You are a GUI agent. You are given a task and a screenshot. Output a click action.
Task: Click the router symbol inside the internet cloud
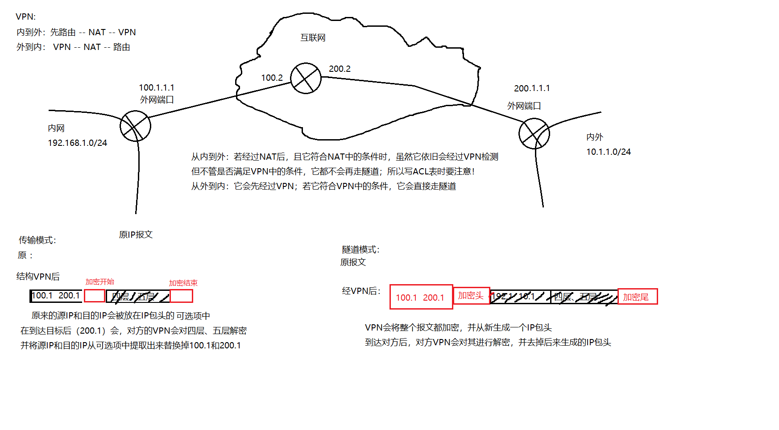306,78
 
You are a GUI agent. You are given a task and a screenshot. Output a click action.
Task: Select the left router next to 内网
135,126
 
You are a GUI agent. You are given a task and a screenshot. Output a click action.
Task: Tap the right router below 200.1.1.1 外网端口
534,133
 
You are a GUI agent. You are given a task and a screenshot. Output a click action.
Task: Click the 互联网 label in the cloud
313,38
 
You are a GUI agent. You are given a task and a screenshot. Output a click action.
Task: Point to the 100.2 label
272,78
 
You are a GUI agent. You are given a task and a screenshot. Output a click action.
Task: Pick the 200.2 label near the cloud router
340,69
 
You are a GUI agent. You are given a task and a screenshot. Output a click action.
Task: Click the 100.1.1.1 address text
156,87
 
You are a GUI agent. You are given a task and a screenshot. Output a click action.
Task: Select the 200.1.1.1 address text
532,88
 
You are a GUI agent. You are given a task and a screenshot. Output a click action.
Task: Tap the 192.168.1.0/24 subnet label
77,143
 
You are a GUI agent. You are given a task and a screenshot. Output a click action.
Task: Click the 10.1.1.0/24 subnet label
608,152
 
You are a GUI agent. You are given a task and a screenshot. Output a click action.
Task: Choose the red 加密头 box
471,295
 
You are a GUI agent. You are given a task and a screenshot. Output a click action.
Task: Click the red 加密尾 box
637,297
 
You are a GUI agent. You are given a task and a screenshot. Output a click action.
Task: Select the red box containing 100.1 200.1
421,297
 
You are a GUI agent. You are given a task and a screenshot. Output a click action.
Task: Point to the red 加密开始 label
99,281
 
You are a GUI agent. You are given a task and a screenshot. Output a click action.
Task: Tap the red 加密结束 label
183,283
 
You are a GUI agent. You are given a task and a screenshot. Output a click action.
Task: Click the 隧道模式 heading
360,249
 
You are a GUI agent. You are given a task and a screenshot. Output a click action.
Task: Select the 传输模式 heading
37,240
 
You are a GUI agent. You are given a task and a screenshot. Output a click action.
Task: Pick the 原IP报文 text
136,234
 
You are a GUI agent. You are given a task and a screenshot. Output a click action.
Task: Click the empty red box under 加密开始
95,296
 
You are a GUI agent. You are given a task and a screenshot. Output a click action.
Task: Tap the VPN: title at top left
25,17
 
